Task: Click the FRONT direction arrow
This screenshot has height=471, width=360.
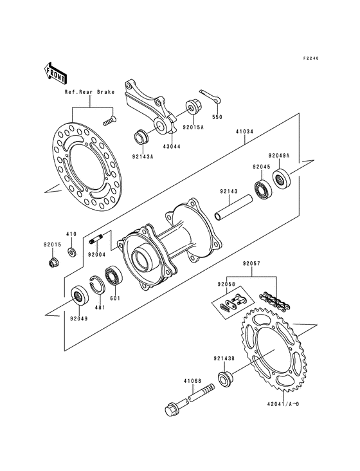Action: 56,72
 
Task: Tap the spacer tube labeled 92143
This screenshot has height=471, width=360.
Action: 233,210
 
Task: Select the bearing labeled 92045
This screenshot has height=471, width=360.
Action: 262,190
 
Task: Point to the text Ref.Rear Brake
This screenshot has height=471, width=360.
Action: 89,92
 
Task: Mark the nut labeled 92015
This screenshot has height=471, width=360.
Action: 52,263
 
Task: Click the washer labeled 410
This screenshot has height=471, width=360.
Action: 72,249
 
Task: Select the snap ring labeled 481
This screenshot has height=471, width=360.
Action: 100,284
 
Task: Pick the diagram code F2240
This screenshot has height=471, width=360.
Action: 311,58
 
